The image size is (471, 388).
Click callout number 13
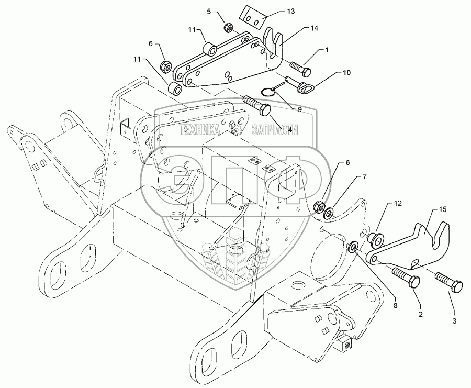coord(290,11)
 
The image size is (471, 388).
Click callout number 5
coord(210,10)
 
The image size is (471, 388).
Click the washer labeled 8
coord(354,245)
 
